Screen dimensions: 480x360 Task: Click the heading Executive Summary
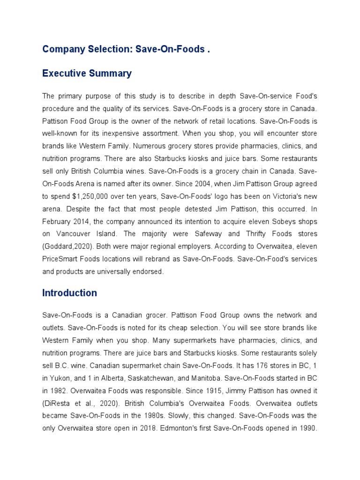[87, 74]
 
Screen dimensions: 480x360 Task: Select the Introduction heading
[69, 293]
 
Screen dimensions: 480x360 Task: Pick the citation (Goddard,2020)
[65, 247]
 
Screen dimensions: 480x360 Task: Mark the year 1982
[57, 390]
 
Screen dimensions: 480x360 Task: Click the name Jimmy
[232, 390]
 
